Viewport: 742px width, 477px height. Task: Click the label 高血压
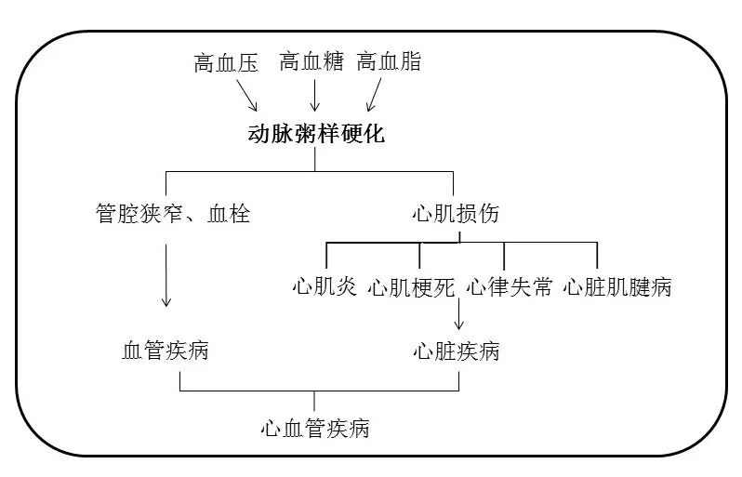[x=226, y=63]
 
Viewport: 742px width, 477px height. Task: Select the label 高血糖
[x=311, y=61]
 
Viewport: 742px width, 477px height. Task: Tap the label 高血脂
[x=389, y=61]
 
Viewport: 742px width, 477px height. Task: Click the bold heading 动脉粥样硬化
[x=316, y=134]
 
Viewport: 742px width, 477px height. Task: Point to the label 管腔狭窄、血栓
[x=173, y=213]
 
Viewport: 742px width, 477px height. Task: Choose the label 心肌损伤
[x=456, y=213]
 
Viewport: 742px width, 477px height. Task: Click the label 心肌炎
[x=325, y=286]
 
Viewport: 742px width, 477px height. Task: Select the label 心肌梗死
[x=411, y=287]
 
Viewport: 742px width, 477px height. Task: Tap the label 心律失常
[x=510, y=286]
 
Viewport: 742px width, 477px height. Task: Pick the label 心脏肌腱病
[x=617, y=286]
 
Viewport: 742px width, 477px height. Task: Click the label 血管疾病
[x=166, y=351]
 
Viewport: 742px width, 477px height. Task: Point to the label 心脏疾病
[x=457, y=351]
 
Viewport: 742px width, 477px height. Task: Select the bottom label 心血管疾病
[x=315, y=429]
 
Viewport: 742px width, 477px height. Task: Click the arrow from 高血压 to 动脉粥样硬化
[x=246, y=95]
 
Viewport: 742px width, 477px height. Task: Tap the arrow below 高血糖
[x=314, y=95]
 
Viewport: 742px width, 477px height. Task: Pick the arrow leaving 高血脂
[x=374, y=95]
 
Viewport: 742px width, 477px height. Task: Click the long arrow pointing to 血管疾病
[x=166, y=275]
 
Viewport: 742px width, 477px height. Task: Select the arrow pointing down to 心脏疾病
[x=458, y=313]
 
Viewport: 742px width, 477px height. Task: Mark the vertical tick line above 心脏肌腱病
[x=597, y=256]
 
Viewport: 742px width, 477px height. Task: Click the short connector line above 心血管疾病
[x=314, y=401]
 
